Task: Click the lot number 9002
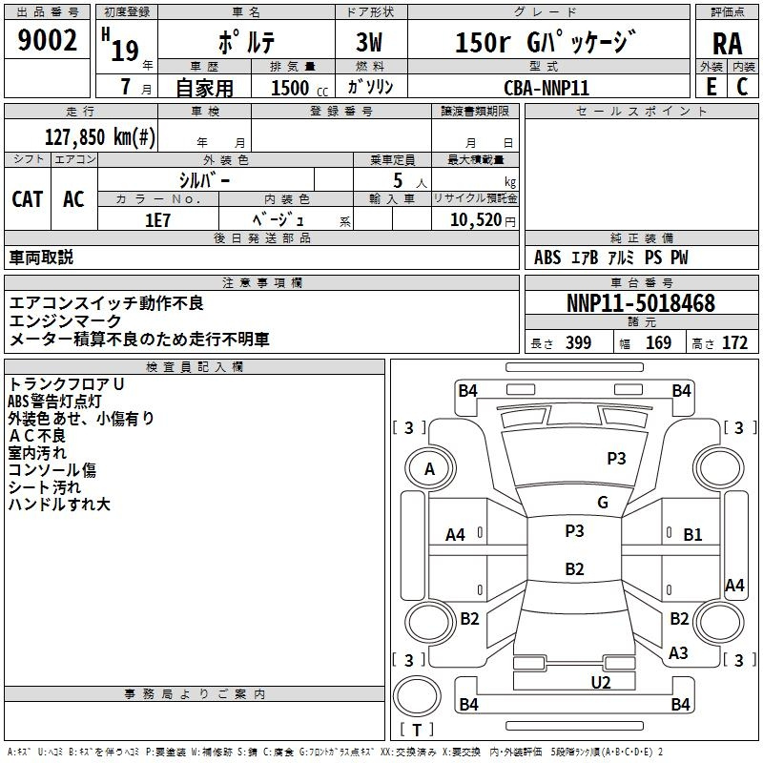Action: tap(47, 40)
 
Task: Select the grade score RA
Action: tap(728, 44)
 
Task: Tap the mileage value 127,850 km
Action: tap(100, 136)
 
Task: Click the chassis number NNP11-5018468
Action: tap(641, 303)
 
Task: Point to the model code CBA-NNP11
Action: tap(546, 88)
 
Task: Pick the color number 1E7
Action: tap(157, 220)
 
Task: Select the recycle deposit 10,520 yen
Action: tap(483, 220)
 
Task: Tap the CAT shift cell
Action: tap(28, 199)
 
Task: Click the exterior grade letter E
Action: tap(711, 87)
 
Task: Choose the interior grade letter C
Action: tap(742, 87)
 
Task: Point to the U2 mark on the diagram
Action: tap(601, 682)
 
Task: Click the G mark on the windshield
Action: tap(603, 502)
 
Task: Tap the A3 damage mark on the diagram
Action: tap(678, 652)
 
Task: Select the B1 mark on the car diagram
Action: tap(692, 534)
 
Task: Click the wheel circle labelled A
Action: tap(430, 468)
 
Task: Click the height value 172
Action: tap(734, 342)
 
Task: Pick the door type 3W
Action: tap(369, 42)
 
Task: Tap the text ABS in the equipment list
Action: tap(547, 258)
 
